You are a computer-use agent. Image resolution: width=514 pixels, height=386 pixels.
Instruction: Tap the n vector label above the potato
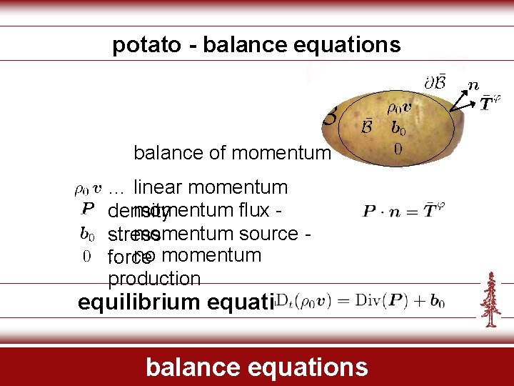pyautogui.click(x=473, y=84)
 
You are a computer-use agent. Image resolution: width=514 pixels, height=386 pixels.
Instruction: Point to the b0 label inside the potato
pyautogui.click(x=398, y=129)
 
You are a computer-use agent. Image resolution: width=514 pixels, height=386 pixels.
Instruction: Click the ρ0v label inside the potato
pyautogui.click(x=399, y=109)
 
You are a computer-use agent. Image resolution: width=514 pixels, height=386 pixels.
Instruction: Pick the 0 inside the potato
pyautogui.click(x=398, y=149)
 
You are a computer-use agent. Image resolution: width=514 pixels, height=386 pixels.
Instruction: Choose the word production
pyautogui.click(x=154, y=278)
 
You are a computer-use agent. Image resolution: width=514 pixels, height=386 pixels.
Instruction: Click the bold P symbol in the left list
pyautogui.click(x=87, y=209)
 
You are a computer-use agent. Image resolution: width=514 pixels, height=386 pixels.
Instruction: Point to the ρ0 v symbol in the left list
pyautogui.click(x=89, y=189)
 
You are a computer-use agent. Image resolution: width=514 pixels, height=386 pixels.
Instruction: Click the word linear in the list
pyautogui.click(x=156, y=187)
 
